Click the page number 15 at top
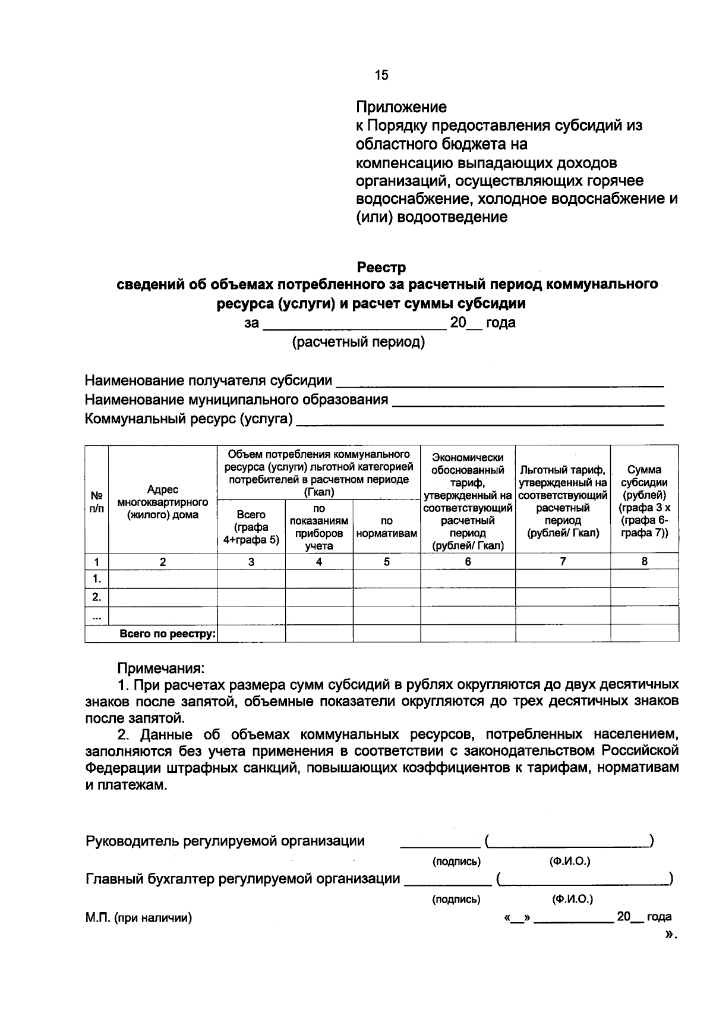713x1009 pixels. point(381,75)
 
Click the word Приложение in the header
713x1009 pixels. point(401,108)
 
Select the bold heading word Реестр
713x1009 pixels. point(381,268)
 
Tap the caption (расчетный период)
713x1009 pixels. point(358,343)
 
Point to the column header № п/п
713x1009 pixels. point(96,502)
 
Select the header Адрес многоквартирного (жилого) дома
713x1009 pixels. point(163,502)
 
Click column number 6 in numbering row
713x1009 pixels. point(468,561)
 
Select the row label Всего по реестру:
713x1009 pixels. point(168,634)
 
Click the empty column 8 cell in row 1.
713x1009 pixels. point(645,579)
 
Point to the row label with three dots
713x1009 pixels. point(96,616)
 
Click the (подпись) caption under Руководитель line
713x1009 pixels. point(456,861)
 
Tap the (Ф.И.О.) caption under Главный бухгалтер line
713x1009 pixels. point(572,899)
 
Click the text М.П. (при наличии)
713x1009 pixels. point(138,918)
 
